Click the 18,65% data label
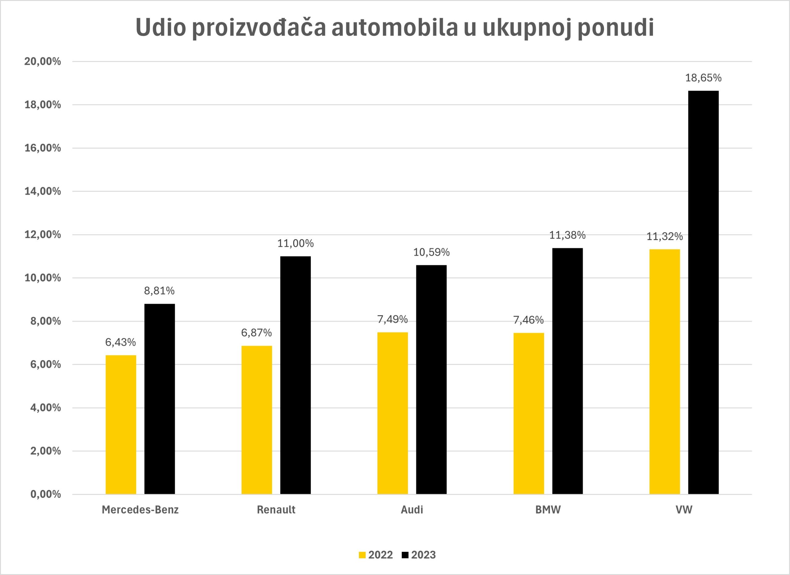pos(703,78)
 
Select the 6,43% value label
pos(121,342)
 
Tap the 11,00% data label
pos(295,244)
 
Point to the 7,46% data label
pos(528,320)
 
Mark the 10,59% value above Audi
pos(431,252)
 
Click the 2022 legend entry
pos(376,555)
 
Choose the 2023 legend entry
pos(419,555)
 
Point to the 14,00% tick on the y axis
pos(43,191)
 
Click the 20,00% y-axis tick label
pos(43,62)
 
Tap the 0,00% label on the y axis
pos(46,494)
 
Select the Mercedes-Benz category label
pos(140,510)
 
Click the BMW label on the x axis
pos(548,510)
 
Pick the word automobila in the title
pos(394,27)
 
